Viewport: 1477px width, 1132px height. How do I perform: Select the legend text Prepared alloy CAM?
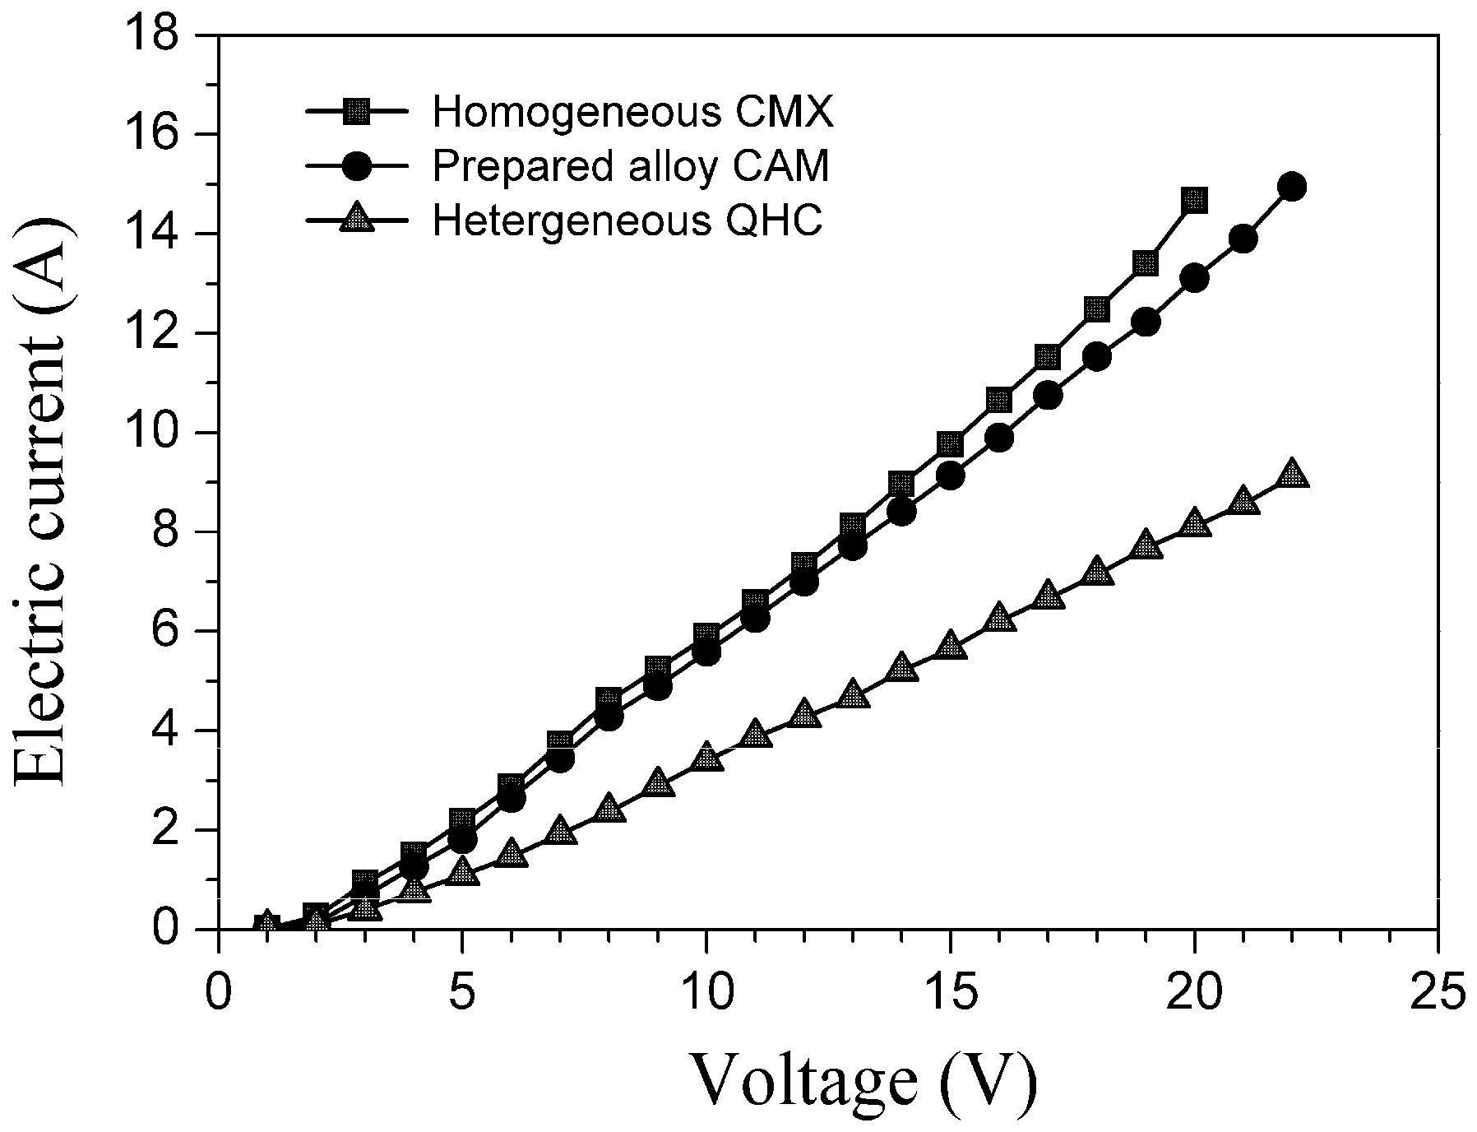click(x=631, y=166)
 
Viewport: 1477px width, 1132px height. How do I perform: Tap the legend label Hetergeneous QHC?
click(x=627, y=220)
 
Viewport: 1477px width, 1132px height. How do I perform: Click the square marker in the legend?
click(x=357, y=112)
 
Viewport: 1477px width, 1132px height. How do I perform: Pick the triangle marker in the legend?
click(x=357, y=219)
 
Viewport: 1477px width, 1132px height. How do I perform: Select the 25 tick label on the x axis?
click(x=1437, y=994)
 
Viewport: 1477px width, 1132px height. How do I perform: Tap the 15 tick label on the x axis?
click(x=949, y=994)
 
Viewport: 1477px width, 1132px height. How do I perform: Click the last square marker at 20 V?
click(x=1194, y=200)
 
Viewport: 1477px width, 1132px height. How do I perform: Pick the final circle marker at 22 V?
click(x=1292, y=187)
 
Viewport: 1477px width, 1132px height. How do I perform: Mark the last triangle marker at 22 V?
click(x=1292, y=474)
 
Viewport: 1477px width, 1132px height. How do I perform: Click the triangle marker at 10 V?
click(x=706, y=757)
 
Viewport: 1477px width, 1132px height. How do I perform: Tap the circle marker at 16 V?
click(x=999, y=438)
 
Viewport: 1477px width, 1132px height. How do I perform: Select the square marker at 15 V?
click(x=950, y=443)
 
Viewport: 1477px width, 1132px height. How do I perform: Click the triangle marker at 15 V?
click(x=950, y=644)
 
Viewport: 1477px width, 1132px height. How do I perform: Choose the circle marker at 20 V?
click(x=1194, y=278)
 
